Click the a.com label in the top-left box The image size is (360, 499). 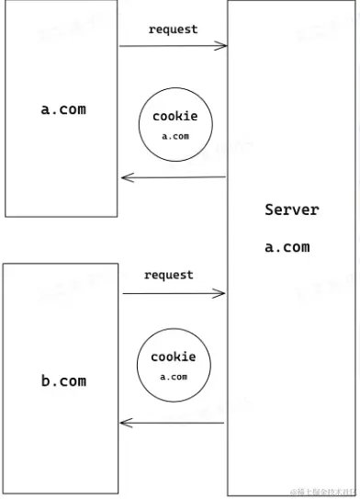[63, 108]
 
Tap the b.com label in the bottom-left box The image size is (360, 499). [63, 380]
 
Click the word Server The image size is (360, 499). [291, 210]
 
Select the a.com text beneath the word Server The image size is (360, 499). [287, 246]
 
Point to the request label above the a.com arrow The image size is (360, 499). [173, 29]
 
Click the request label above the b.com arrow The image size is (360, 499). [169, 275]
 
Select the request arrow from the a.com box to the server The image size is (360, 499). [173, 44]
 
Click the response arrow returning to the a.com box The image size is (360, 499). [173, 178]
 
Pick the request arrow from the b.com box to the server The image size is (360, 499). [173, 293]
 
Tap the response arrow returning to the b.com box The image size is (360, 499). [173, 423]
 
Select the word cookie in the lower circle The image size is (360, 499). [174, 357]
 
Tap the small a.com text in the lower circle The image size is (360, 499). [174, 377]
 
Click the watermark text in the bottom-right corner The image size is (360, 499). [322, 490]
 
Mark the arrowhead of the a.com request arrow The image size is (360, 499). [221, 44]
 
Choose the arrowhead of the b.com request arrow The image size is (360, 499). [220, 293]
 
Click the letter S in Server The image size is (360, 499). [269, 210]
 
